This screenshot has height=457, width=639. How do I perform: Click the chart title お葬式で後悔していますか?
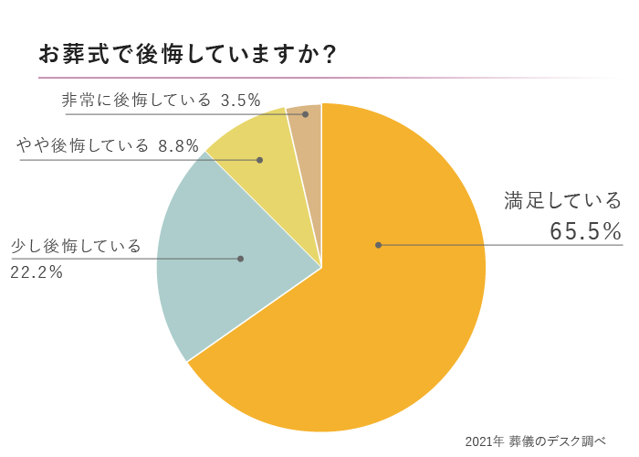187,54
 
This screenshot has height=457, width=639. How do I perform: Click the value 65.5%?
585,232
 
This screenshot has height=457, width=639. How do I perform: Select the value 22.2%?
37,271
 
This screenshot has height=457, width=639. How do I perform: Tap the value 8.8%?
178,146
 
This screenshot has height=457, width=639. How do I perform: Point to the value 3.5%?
241,100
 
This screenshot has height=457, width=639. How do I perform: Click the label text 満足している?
563,200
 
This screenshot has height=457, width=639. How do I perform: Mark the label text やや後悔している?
82,146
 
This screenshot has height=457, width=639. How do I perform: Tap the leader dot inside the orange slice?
378,245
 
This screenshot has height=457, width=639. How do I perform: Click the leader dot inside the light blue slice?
240,259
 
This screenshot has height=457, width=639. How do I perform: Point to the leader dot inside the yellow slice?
260,160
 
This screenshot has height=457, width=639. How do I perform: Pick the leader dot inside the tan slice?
305,114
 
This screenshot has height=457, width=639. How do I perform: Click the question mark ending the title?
330,54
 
